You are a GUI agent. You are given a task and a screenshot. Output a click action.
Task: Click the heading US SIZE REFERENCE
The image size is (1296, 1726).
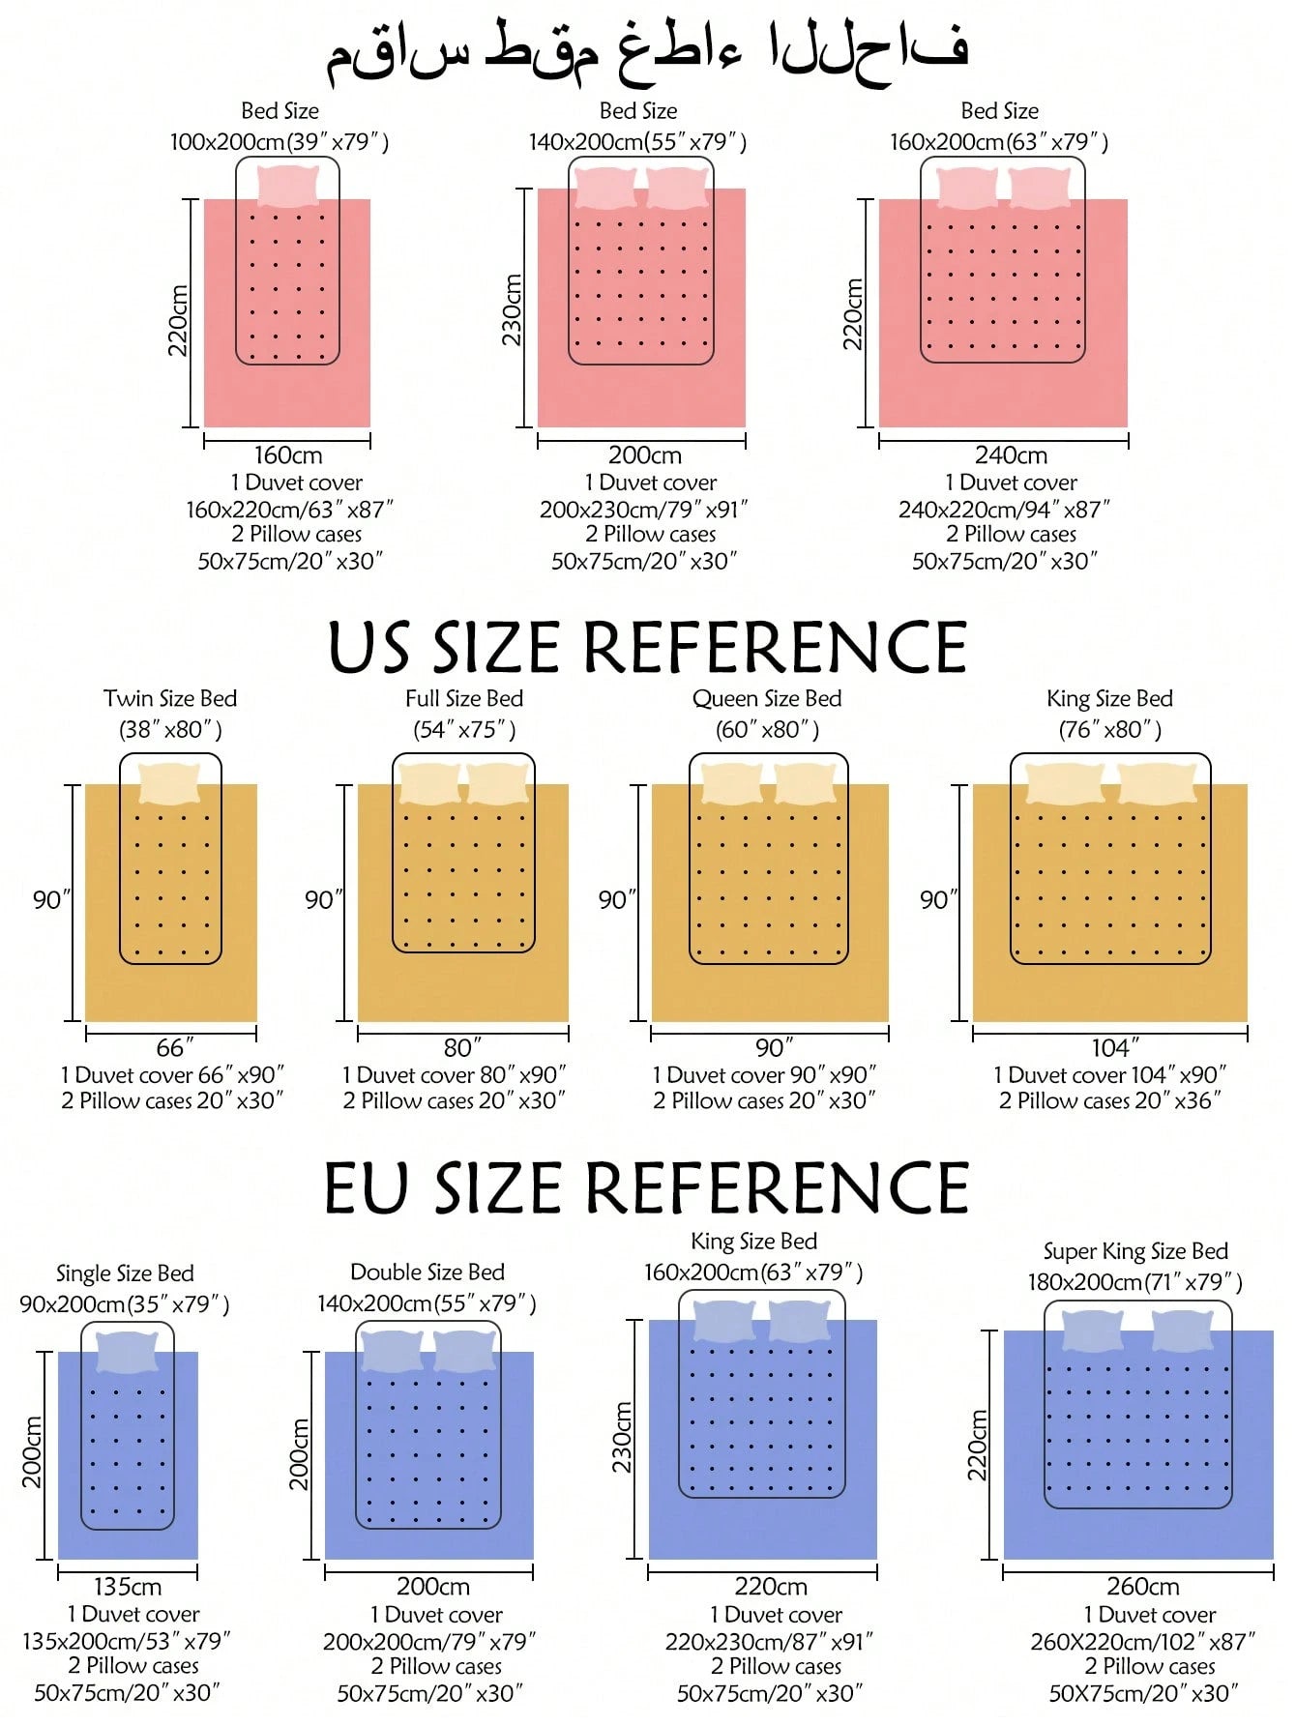point(648,647)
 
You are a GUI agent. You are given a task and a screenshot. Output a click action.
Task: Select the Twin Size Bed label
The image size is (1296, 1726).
point(170,698)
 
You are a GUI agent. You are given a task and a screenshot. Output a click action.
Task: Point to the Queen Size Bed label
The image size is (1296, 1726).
point(767,698)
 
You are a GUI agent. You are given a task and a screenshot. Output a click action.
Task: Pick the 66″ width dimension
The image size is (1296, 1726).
point(174,1047)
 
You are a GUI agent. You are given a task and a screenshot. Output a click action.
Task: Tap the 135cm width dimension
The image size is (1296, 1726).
point(128,1587)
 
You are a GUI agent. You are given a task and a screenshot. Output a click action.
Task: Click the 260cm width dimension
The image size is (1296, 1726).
point(1142,1587)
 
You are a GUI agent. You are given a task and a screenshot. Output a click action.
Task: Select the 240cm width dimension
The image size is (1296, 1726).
point(1011,454)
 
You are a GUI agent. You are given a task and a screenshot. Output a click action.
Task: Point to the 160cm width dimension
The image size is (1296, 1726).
point(288,454)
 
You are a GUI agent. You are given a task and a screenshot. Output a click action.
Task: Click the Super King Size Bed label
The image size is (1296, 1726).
point(1135,1251)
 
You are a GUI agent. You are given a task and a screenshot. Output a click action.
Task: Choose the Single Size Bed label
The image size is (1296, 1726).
point(125,1273)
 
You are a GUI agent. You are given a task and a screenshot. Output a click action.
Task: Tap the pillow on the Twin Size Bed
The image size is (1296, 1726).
point(170,783)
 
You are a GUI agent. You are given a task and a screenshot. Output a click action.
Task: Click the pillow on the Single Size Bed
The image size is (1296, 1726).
point(128,1352)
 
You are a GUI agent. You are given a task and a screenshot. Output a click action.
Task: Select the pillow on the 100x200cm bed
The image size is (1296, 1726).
point(288,186)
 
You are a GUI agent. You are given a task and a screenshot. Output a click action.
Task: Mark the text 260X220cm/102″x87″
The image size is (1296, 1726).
point(1142,1641)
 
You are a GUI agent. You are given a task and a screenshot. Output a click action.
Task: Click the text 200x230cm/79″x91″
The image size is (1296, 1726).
point(643,509)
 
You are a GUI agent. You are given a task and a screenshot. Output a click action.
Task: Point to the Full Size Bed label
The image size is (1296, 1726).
point(464,698)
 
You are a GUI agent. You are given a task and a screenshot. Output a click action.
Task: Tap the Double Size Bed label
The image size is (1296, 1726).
point(427,1272)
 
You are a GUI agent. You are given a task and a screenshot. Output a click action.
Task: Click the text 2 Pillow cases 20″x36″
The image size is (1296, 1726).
point(1110,1100)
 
